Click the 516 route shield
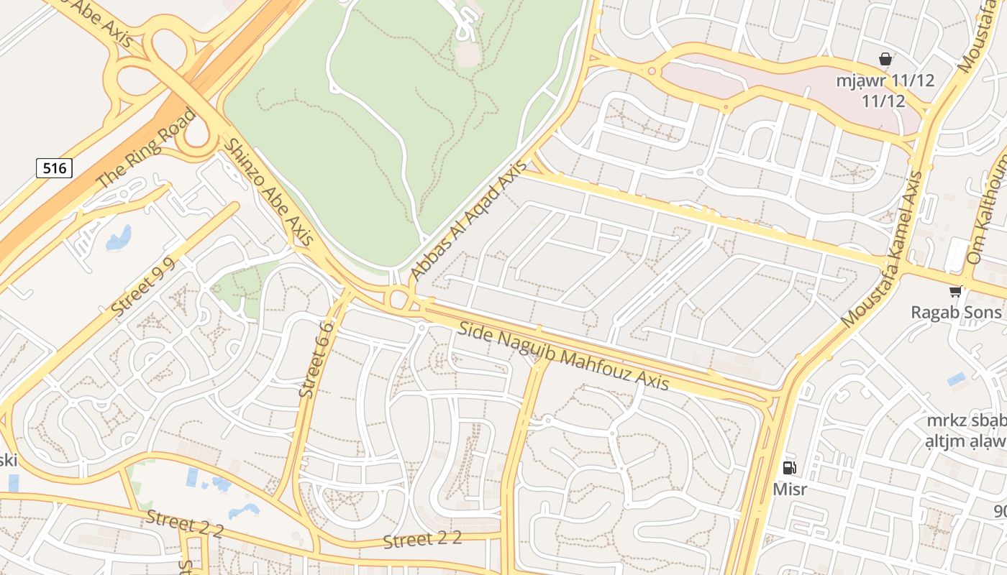click(54, 168)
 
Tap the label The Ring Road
click(146, 149)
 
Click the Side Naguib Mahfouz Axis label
click(563, 356)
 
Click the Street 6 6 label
click(316, 359)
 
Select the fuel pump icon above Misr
click(789, 468)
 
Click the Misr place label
click(790, 489)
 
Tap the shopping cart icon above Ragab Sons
click(955, 291)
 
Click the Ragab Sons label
click(956, 312)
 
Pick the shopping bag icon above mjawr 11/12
click(885, 59)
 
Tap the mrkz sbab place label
click(966, 420)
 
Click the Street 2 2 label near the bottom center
click(422, 540)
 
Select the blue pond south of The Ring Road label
click(119, 238)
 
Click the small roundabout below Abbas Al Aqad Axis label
click(398, 298)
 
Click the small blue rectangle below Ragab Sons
click(957, 379)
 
